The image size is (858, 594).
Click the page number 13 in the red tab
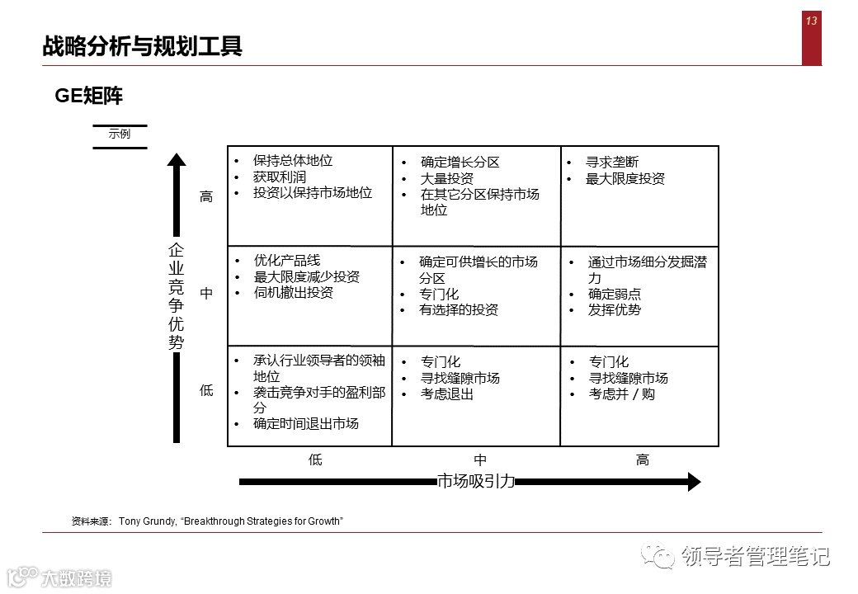(x=811, y=21)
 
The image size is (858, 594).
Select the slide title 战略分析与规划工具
(x=142, y=46)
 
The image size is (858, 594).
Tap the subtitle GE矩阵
(x=89, y=97)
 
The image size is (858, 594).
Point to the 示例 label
(x=120, y=134)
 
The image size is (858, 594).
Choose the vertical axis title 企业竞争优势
(x=177, y=296)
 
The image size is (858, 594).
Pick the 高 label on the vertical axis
(x=206, y=197)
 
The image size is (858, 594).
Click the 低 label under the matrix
(x=315, y=460)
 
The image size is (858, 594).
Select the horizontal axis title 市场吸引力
(x=476, y=482)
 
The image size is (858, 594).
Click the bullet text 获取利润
(x=280, y=177)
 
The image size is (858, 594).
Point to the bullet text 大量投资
(x=447, y=178)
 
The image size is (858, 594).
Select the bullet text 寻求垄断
(x=612, y=163)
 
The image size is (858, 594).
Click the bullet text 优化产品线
(x=287, y=261)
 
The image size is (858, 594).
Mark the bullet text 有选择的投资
(x=459, y=310)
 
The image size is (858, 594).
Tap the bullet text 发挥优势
(x=615, y=310)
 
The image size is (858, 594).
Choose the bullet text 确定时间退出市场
(x=306, y=424)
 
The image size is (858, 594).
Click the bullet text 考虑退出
(x=447, y=394)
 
